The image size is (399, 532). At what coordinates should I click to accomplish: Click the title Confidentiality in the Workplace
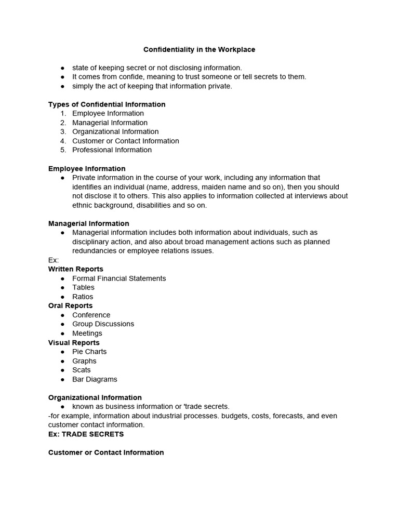coord(199,50)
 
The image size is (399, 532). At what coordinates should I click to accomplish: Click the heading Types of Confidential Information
coord(107,104)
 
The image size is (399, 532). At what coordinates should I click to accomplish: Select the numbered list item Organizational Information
coord(115,132)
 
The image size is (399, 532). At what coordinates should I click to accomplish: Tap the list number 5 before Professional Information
coord(63,150)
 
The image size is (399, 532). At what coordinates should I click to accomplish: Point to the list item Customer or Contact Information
coord(125,141)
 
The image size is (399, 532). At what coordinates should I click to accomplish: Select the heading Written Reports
coord(76,269)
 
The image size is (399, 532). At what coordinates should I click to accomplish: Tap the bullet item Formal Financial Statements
coord(119,278)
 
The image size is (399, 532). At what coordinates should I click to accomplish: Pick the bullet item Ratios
coord(83,297)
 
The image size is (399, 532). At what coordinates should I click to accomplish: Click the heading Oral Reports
coord(70,306)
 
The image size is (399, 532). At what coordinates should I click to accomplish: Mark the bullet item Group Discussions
coord(103,324)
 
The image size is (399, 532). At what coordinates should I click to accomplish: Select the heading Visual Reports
coord(74,343)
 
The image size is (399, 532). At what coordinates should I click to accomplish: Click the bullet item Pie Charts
coord(89,352)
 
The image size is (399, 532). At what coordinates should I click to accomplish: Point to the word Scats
coord(82,370)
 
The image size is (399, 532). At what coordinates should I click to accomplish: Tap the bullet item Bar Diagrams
coord(95,379)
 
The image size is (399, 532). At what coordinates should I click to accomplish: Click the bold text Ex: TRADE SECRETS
coord(86,434)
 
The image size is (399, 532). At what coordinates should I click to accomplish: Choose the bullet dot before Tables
coord(62,287)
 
